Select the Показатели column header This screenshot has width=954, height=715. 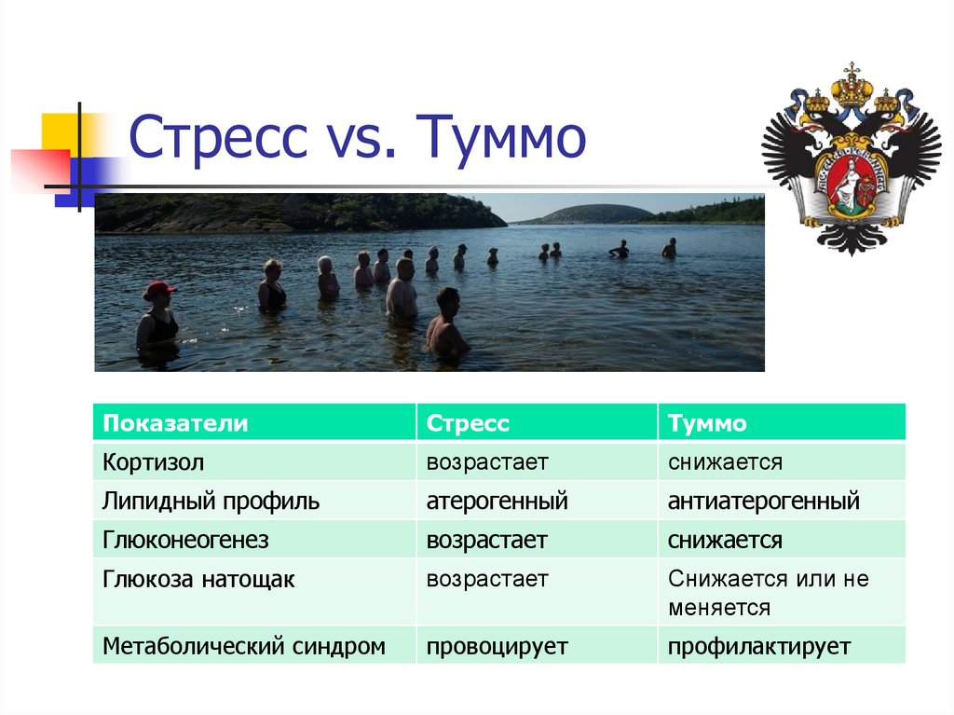coord(175,423)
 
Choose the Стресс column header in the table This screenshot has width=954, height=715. coord(468,423)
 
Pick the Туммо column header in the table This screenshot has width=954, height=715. coord(707,423)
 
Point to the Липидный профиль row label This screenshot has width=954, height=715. coord(211,502)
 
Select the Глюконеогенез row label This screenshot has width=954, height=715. coord(185,541)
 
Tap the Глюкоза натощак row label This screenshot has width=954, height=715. coord(198,580)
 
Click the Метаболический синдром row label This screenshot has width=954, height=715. coord(243,646)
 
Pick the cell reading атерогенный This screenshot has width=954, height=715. coord(497,502)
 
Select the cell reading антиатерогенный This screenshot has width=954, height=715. coord(763,502)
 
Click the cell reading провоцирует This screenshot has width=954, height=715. coord(497,646)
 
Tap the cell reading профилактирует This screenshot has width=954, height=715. coord(759,646)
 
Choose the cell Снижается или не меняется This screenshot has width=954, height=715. coord(768,593)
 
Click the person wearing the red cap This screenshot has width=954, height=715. coord(157,316)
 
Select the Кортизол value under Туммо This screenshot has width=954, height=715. coord(725,462)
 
